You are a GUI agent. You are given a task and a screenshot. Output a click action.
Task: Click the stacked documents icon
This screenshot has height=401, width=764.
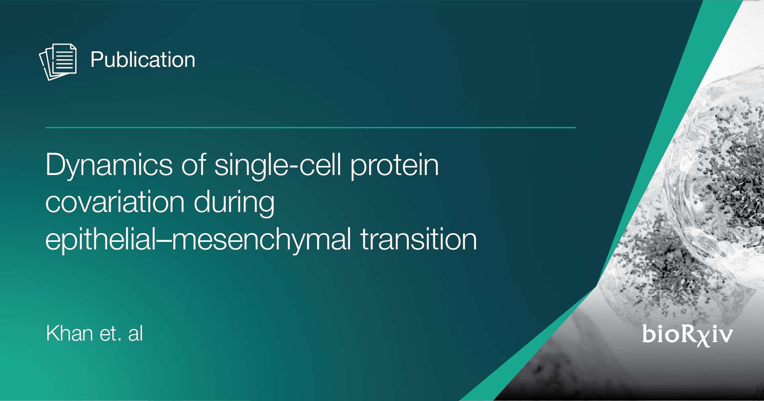pyautogui.click(x=58, y=62)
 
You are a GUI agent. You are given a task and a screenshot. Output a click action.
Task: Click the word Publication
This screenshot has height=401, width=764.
pyautogui.click(x=143, y=60)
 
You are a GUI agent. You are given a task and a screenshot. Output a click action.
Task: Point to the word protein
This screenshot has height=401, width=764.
pyautogui.click(x=395, y=165)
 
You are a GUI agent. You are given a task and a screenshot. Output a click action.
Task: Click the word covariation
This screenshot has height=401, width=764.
pyautogui.click(x=115, y=202)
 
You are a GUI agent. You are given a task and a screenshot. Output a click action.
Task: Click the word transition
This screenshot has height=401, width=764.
pyautogui.click(x=419, y=239)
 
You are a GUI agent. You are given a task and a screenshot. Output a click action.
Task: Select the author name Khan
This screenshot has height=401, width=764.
pyautogui.click(x=70, y=333)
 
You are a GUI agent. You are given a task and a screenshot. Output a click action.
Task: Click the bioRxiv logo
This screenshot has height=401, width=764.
pyautogui.click(x=687, y=335)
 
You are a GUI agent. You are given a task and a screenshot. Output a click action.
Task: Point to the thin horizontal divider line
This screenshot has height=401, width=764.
pyautogui.click(x=311, y=128)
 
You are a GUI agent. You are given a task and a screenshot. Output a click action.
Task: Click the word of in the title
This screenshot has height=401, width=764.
pyautogui.click(x=194, y=164)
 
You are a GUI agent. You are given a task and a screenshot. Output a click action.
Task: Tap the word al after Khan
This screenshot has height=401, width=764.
pyautogui.click(x=136, y=333)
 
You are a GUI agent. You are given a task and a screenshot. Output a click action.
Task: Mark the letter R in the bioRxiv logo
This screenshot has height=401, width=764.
pyautogui.click(x=687, y=334)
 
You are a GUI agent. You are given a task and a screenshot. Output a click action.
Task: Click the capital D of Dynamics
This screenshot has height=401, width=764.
pyautogui.click(x=57, y=164)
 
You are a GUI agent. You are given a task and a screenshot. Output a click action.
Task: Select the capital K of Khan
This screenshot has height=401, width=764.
pyautogui.click(x=53, y=333)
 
